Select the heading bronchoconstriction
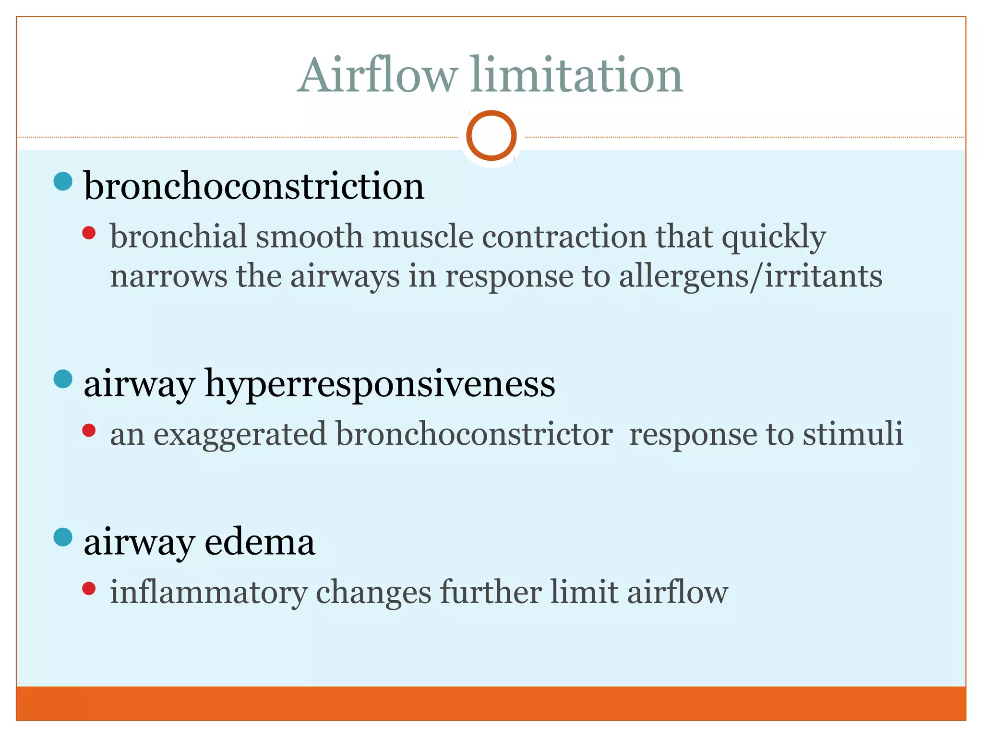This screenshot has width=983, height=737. pos(254,186)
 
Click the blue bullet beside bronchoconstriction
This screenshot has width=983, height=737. pos(63,181)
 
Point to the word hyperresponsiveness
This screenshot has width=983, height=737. pos(380,384)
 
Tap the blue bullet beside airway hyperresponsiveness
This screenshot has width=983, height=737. pos(63,379)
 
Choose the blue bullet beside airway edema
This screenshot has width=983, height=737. pos(63,537)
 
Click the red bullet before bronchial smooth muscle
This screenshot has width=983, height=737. pos(89,233)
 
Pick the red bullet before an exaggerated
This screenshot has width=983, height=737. pos(89,430)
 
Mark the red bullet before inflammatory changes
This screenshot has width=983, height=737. pos(89,588)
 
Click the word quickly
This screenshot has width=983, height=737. pos(774,237)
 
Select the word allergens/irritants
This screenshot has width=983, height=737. pos(750,276)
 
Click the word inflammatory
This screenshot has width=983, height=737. pos(209,592)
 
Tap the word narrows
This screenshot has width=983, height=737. pos(169,276)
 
